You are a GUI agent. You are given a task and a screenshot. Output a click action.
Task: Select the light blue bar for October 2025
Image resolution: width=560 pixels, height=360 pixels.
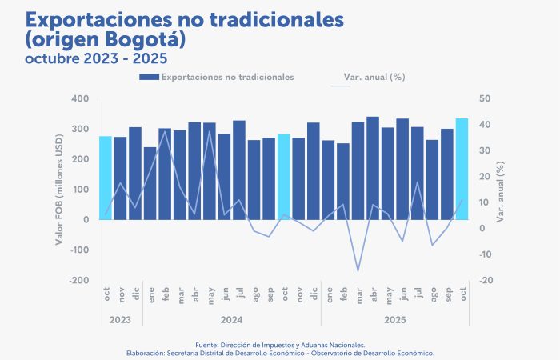[x=462, y=169]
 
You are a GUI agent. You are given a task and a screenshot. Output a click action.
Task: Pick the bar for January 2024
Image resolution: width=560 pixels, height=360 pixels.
[x=150, y=183]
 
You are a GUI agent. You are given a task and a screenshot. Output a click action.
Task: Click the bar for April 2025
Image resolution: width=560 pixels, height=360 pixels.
[x=373, y=168]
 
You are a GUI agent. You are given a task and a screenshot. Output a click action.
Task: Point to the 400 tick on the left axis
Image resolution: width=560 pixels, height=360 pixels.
[x=80, y=98]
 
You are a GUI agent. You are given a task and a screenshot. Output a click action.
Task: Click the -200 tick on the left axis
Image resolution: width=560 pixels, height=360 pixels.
[x=78, y=281]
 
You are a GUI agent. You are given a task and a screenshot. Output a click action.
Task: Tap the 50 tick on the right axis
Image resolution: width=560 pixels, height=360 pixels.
[x=486, y=98]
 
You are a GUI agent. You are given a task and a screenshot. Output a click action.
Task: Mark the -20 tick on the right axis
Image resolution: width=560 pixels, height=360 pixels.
[x=486, y=281]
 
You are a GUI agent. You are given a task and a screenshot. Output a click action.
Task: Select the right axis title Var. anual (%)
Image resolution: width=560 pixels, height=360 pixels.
[x=501, y=190]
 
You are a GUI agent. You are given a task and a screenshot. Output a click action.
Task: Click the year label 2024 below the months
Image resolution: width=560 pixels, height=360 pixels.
[x=231, y=320]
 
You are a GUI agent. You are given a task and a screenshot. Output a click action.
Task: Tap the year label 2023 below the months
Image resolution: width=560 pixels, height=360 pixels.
[x=120, y=320]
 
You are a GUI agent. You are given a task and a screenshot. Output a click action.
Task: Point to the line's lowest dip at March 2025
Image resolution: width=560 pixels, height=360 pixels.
[x=358, y=270]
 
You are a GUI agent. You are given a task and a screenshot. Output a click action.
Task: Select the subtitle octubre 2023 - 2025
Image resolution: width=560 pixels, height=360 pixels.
[x=95, y=58]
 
